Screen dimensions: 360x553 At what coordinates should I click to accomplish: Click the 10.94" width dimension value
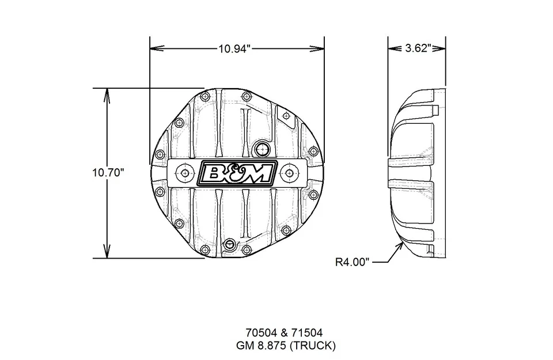tap(236, 49)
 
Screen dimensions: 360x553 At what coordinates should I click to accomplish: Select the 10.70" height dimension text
tap(108, 173)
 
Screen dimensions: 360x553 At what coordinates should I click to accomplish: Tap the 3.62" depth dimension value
tap(418, 49)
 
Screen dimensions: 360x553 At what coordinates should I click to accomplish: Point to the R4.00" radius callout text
tap(351, 263)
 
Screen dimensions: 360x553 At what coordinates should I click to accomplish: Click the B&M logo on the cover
tap(233, 173)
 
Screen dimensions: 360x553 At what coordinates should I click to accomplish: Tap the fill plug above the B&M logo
tap(263, 149)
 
